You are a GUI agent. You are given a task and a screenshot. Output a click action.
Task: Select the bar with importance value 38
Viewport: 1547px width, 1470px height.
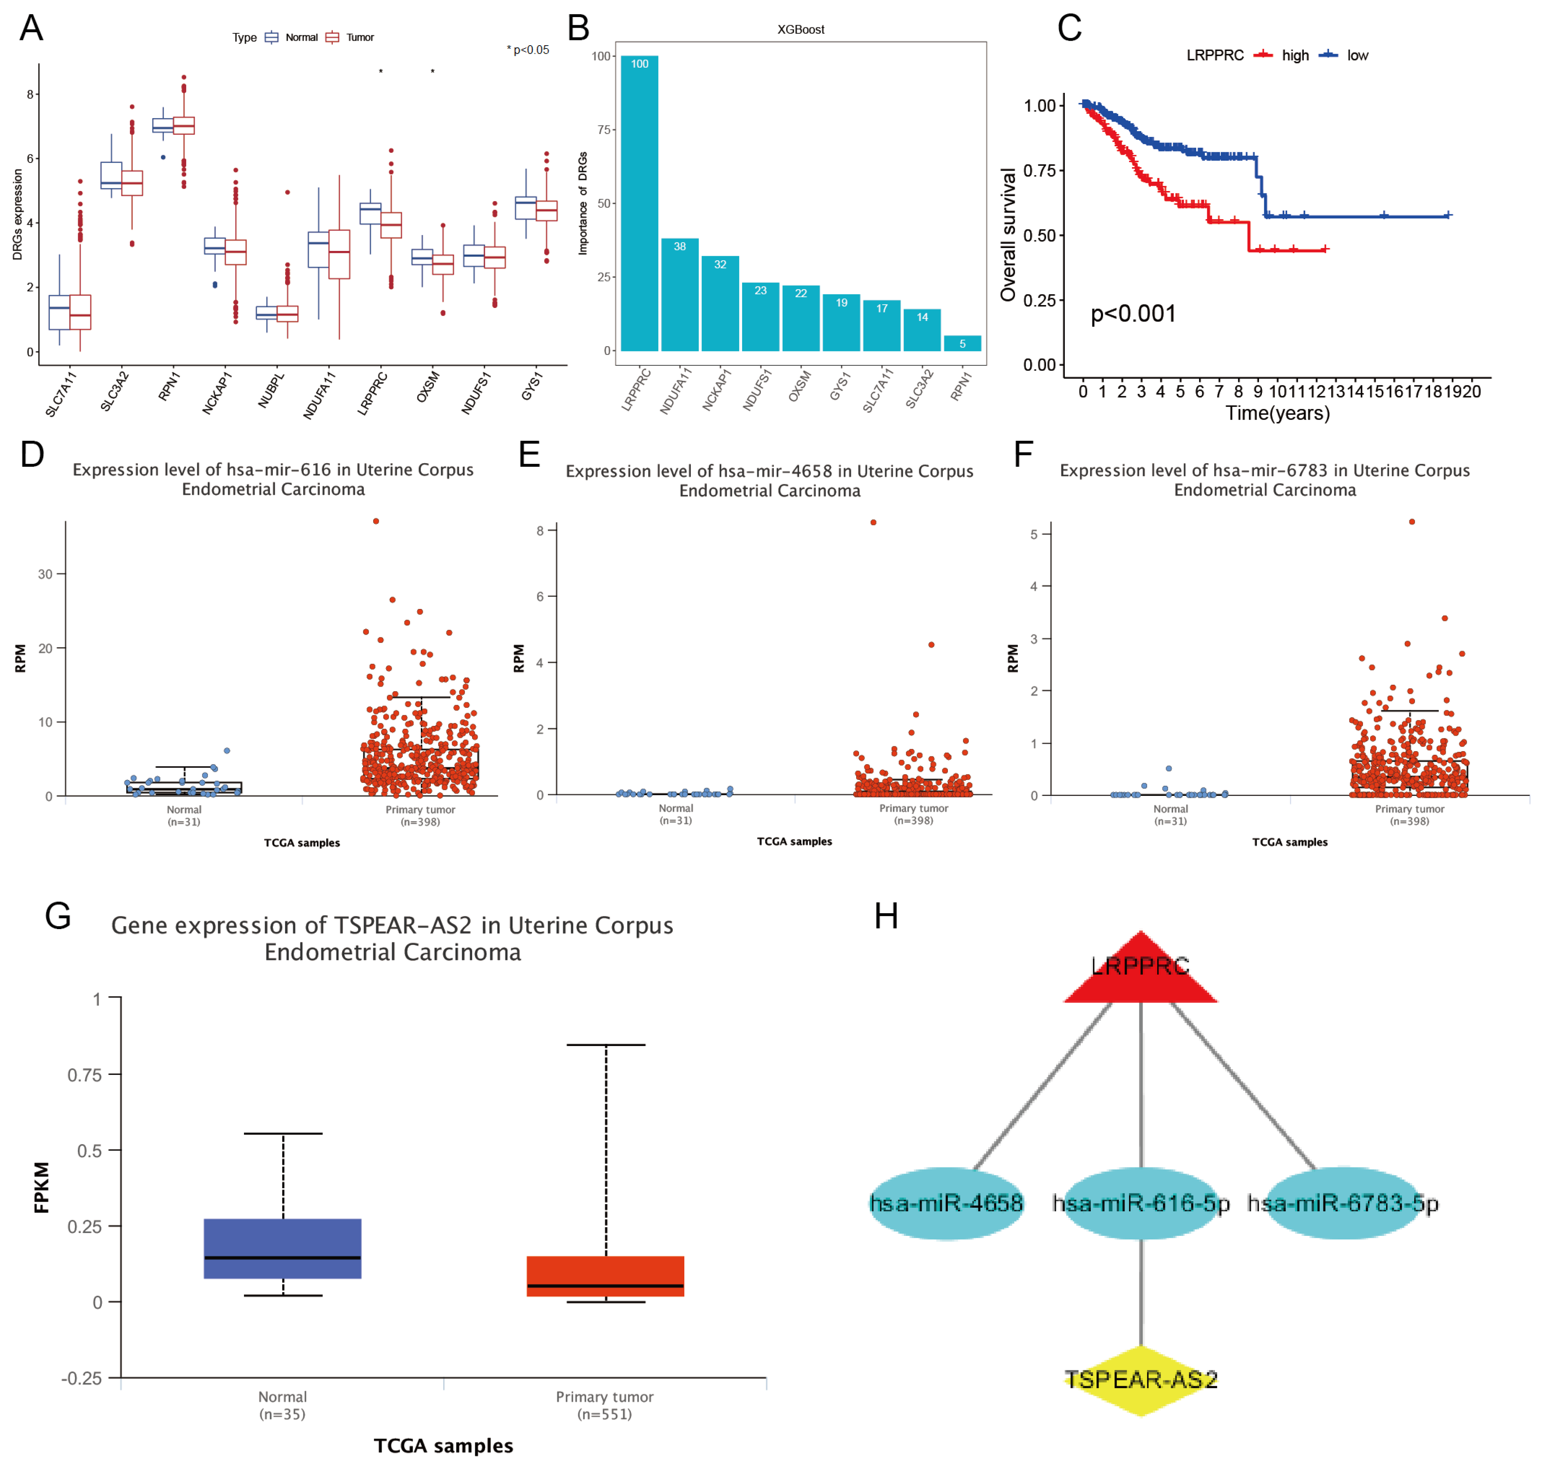coord(679,294)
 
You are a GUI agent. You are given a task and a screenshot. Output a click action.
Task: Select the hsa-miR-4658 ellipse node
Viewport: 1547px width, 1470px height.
coord(946,1203)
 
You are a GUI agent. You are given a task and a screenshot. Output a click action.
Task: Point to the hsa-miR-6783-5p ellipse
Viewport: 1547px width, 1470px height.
coord(1343,1203)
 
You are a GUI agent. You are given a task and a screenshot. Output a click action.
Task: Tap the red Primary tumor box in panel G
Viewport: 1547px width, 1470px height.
coord(605,1276)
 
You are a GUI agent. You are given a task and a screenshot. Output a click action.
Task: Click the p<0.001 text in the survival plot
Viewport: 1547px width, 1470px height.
coord(1133,314)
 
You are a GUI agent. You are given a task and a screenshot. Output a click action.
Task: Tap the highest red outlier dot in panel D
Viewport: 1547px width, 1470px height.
coord(376,521)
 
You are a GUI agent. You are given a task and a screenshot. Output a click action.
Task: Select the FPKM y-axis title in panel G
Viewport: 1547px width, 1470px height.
coord(42,1187)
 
